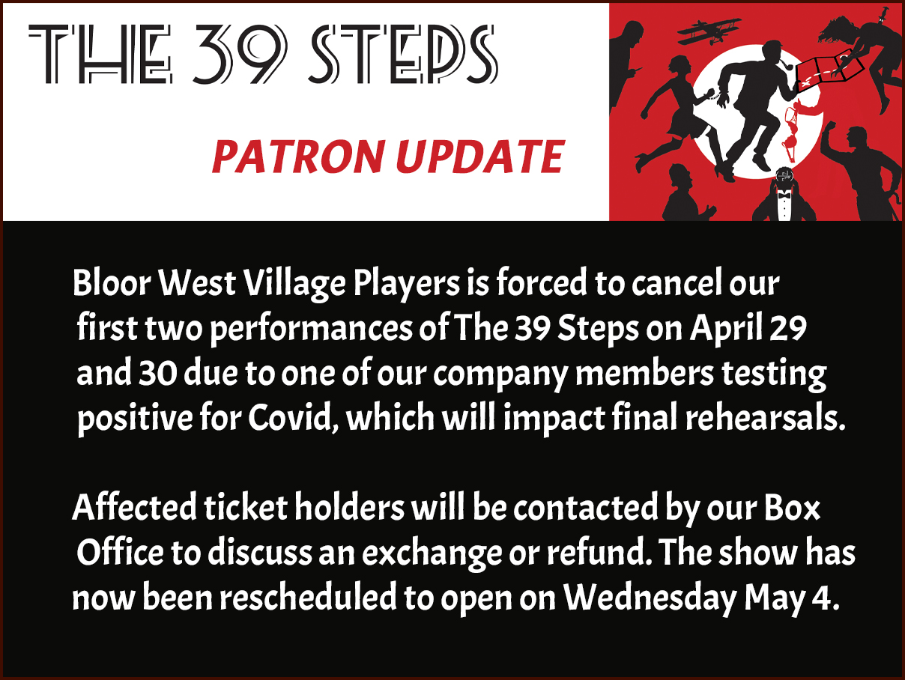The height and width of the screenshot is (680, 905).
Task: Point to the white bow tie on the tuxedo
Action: click(784, 192)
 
